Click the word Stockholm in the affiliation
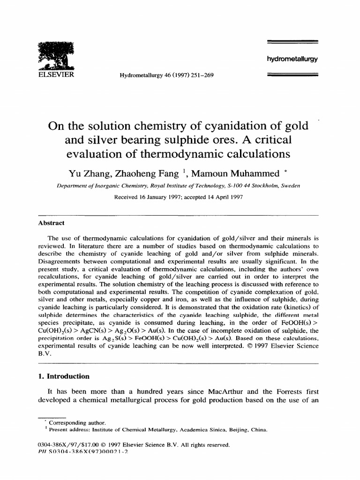[x=264, y=185]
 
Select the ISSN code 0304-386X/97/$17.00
[x=67, y=444]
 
